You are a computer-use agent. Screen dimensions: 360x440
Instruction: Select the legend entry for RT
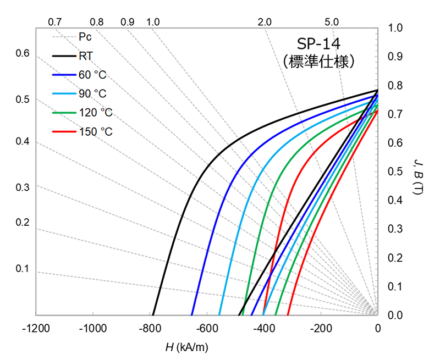click(85, 56)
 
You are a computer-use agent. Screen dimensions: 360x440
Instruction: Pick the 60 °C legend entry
click(92, 75)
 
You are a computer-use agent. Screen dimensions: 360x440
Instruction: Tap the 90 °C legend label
click(92, 93)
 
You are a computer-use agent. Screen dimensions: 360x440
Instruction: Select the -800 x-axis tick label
click(150, 329)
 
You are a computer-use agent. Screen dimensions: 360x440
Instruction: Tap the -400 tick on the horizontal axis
click(263, 329)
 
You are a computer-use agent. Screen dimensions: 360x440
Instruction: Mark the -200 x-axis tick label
click(320, 329)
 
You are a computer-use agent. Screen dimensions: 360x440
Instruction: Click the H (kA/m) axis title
click(186, 347)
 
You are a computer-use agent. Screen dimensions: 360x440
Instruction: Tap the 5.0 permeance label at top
click(331, 22)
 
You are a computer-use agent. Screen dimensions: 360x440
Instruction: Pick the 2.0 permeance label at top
click(264, 22)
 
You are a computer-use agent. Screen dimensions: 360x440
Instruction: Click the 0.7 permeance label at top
click(54, 22)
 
